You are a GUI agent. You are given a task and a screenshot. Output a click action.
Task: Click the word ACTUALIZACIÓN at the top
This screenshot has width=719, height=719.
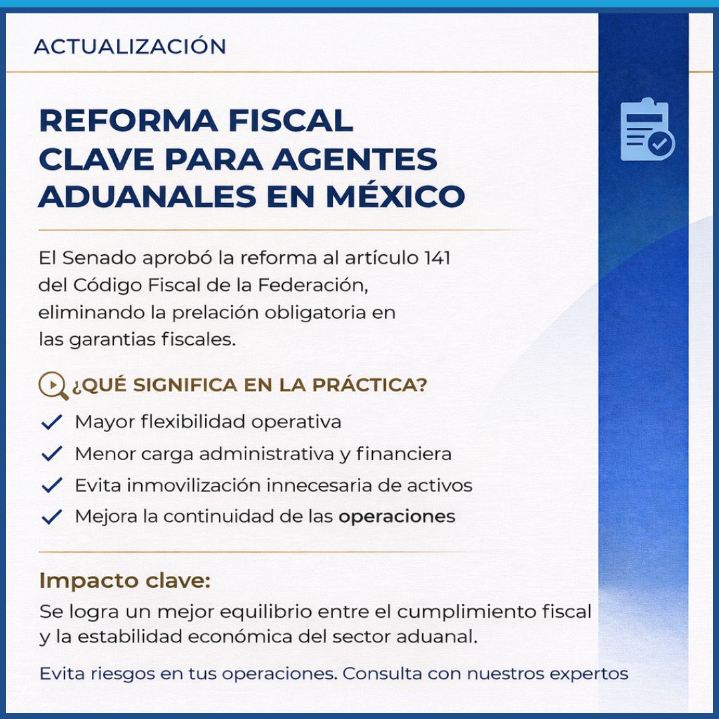tap(130, 47)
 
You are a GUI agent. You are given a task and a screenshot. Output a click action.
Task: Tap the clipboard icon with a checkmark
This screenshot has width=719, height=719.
tap(646, 130)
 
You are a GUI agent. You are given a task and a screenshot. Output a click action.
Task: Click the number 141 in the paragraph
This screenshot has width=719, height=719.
tap(437, 258)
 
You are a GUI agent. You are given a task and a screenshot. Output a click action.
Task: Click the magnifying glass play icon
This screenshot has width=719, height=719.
tap(53, 385)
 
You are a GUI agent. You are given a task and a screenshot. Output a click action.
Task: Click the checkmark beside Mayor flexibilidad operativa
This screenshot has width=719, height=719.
tap(51, 422)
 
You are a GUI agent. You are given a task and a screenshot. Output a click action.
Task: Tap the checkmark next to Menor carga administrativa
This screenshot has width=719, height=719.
tap(51, 454)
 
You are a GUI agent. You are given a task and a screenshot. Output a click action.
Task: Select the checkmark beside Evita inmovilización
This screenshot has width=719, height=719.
tap(51, 485)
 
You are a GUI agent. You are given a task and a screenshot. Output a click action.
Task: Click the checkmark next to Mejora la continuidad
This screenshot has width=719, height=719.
tap(51, 517)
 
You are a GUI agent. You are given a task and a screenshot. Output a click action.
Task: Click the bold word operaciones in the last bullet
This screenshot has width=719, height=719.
tap(397, 517)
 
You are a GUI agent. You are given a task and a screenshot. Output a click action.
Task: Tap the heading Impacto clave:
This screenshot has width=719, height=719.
tap(124, 580)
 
